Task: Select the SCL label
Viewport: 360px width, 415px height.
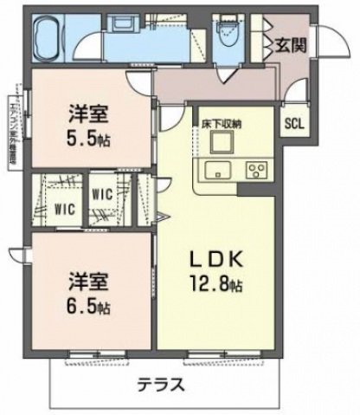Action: click(x=293, y=121)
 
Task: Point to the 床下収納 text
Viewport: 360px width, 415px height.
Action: click(x=222, y=124)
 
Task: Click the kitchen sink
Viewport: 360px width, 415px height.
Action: click(x=215, y=167)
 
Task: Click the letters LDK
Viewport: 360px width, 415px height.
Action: click(x=208, y=258)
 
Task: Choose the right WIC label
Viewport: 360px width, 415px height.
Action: click(x=102, y=195)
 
